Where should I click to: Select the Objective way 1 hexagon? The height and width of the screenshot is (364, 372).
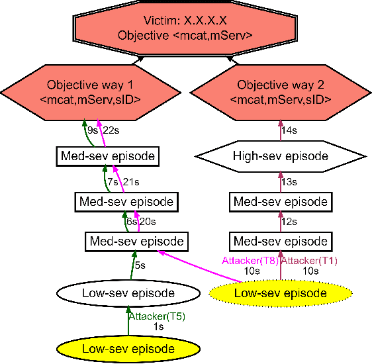click(93, 92)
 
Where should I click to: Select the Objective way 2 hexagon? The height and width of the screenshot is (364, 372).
click(284, 92)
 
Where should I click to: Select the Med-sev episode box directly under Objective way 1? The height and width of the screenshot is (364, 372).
click(107, 157)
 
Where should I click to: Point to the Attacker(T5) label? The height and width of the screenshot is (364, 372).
click(156, 316)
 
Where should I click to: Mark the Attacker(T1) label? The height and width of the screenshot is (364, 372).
click(310, 261)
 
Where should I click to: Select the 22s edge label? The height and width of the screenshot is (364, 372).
click(111, 131)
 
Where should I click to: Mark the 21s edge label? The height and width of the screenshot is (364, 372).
click(131, 181)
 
